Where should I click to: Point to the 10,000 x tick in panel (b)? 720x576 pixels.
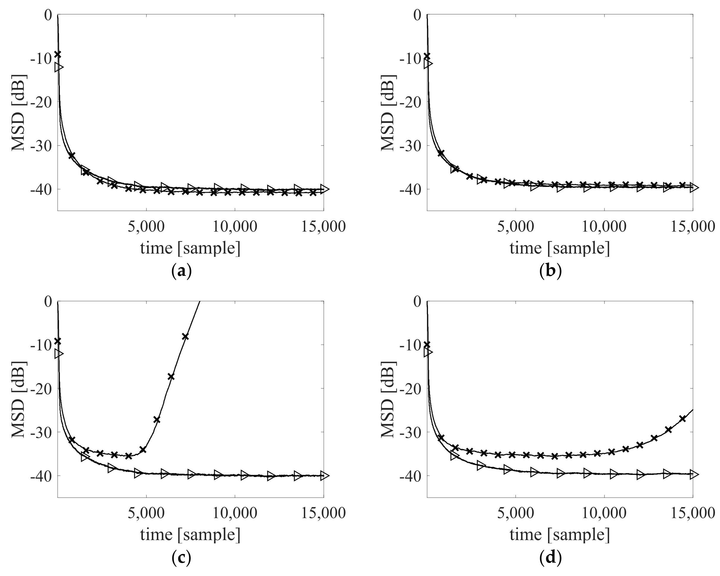604,227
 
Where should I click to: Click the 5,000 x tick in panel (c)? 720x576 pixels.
146,514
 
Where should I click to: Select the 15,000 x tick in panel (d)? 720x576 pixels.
693,514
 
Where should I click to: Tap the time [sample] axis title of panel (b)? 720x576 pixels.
560,248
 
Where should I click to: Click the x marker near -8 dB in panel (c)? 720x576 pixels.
185,337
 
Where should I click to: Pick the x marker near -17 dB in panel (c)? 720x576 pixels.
171,376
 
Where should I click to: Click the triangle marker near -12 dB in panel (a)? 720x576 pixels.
59,67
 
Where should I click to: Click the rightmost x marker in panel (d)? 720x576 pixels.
682,418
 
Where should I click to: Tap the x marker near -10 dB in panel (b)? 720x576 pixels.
427,56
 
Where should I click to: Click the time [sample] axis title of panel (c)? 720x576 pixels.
190,535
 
